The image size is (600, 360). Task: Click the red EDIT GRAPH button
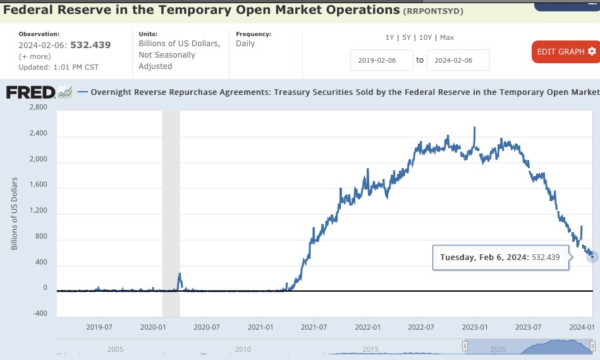566,51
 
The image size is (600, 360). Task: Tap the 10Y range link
426,37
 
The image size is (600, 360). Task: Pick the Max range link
447,37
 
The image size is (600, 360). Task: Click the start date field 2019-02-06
382,60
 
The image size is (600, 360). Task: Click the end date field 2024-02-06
458,60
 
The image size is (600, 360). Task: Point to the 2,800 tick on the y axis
39,108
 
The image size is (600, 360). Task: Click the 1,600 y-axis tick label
39,188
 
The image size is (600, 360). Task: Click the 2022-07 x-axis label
422,327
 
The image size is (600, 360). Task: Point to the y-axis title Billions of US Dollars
14,214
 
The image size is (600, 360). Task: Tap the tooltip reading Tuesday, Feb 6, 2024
499,258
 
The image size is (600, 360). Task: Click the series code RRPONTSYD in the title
433,11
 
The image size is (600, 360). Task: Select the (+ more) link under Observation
35,56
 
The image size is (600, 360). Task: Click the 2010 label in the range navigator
243,349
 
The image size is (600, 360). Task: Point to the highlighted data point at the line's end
592,256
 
